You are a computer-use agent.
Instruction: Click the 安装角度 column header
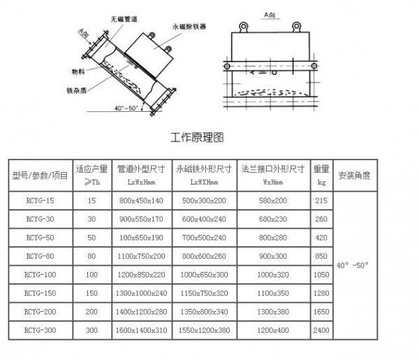[354, 175]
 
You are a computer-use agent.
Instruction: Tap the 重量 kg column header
[321, 175]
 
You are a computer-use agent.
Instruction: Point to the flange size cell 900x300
[272, 255]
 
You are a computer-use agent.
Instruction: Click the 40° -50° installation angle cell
[354, 266]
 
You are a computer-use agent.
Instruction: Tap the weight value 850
[321, 255]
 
